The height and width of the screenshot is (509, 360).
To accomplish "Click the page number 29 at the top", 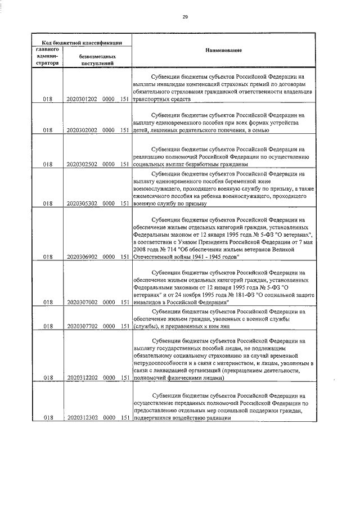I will pos(185,17).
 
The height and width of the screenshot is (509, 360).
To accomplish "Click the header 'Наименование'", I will pos(227,51).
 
